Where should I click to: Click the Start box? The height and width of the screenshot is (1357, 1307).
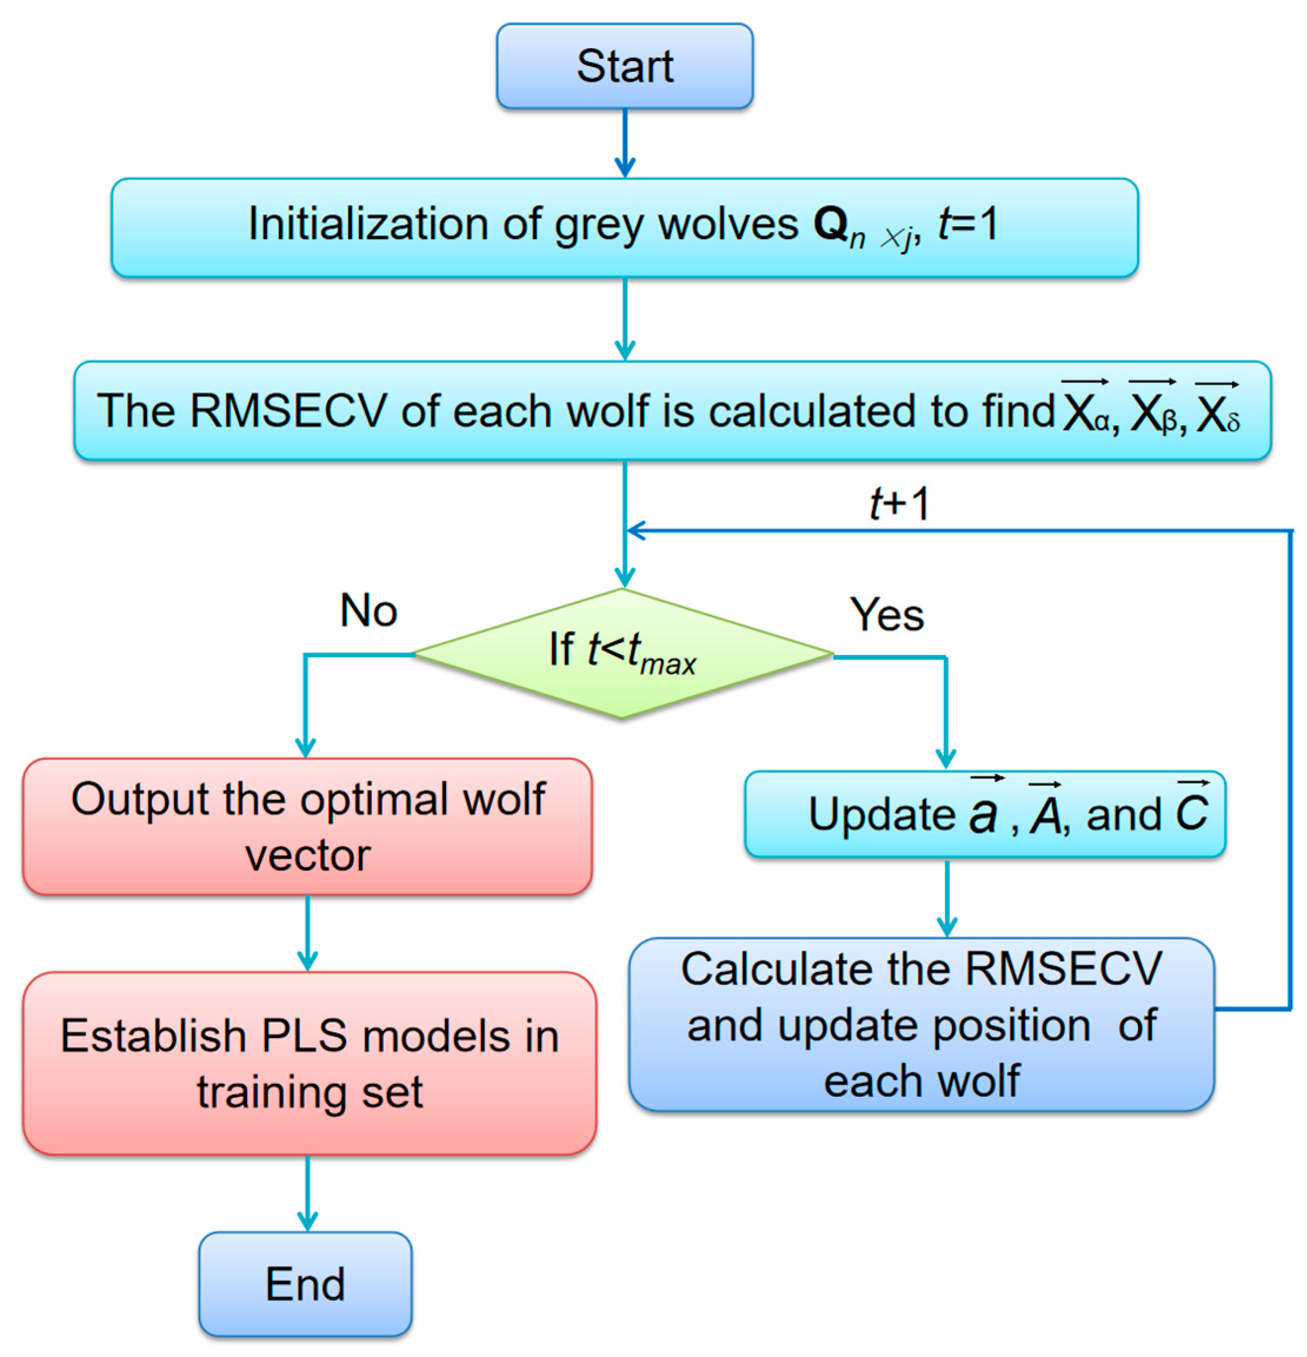[624, 66]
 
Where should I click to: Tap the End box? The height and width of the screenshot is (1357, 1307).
[305, 1283]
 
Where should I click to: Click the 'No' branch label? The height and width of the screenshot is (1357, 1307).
[368, 611]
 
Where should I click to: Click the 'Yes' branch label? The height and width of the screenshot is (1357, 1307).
[886, 615]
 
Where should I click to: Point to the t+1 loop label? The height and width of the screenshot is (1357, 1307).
[899, 503]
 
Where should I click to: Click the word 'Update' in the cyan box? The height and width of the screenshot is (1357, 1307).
[882, 814]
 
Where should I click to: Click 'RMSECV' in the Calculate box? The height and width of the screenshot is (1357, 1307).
[1063, 969]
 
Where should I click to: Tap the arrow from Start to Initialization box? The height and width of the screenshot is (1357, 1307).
[625, 142]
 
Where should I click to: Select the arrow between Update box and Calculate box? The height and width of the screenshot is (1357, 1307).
[946, 899]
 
